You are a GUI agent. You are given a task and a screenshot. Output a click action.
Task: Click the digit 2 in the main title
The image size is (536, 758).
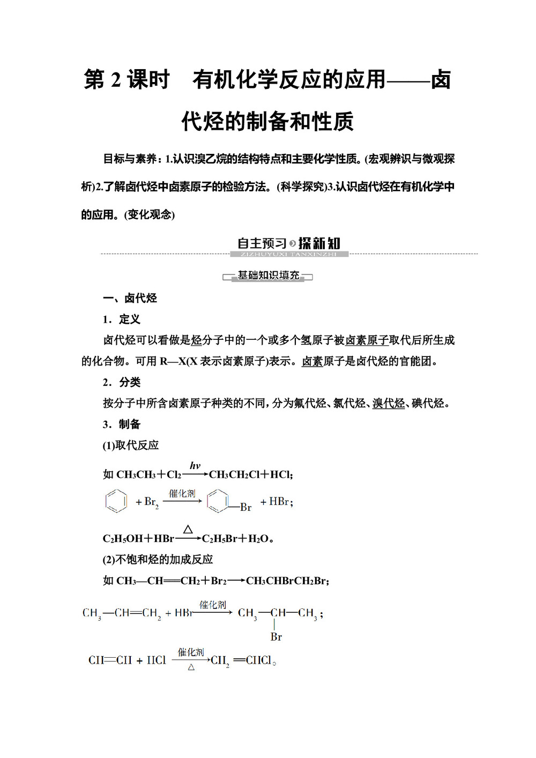click(x=116, y=80)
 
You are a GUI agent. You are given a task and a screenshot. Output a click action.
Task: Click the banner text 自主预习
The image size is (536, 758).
click(x=262, y=243)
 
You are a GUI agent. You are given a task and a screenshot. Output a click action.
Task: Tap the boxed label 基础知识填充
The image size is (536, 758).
click(x=268, y=276)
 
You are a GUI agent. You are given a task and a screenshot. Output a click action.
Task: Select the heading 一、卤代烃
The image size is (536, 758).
click(x=130, y=298)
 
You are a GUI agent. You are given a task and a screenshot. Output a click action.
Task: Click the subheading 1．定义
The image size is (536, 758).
click(x=122, y=319)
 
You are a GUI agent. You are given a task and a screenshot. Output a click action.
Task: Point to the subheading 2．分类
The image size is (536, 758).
click(x=122, y=382)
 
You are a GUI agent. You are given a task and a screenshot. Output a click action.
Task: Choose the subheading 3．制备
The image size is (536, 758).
click(x=122, y=424)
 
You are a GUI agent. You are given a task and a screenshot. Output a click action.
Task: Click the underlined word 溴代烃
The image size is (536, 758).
click(x=389, y=403)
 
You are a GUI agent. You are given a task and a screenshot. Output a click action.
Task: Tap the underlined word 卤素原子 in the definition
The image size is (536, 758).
click(x=367, y=340)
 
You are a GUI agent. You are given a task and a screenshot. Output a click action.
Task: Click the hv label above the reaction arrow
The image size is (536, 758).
click(x=195, y=465)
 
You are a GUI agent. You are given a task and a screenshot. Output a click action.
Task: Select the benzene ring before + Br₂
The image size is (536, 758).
click(x=116, y=501)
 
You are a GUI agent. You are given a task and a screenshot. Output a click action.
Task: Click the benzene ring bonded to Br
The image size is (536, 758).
click(x=218, y=501)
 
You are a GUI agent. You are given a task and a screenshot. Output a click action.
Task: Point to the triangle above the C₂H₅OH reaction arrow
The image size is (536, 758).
click(x=188, y=530)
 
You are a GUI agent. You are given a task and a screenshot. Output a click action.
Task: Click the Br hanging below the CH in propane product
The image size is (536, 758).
click(x=276, y=637)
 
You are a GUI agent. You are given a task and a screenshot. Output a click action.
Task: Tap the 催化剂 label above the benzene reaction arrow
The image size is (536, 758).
click(x=182, y=493)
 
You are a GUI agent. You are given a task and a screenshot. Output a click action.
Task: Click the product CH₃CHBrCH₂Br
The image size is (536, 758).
click(x=286, y=581)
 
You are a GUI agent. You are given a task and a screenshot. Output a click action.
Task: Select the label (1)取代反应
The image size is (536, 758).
click(x=131, y=445)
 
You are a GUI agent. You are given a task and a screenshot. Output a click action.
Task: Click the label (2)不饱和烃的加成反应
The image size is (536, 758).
click(x=158, y=559)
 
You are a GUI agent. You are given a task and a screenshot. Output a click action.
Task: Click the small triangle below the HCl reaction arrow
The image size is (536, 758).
click(x=191, y=667)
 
